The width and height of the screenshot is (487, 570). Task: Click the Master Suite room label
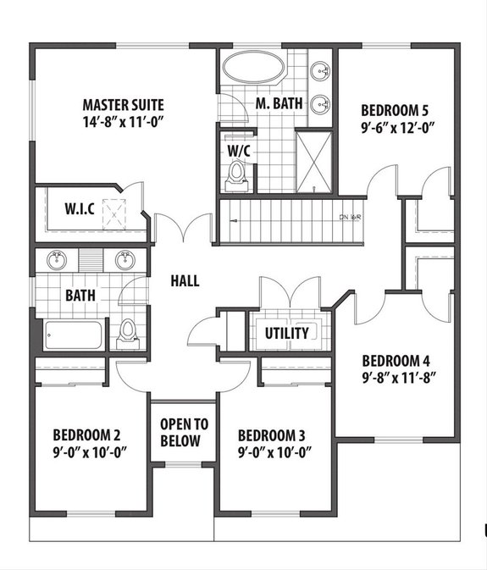coord(123,105)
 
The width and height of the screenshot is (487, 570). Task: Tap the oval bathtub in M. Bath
coord(253,69)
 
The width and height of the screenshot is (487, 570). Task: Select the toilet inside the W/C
coord(237,174)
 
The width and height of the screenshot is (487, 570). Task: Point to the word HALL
coord(185,280)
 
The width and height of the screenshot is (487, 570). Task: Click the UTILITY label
coord(286,333)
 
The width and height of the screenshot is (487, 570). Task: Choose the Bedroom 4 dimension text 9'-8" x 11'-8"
coord(398,374)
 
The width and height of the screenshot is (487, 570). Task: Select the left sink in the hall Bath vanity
coord(57,259)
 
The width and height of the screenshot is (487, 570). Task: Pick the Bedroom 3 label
coord(271,435)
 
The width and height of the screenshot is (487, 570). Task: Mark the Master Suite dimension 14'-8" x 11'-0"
coord(123,121)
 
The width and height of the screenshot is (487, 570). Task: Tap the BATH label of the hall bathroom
coord(80,296)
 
